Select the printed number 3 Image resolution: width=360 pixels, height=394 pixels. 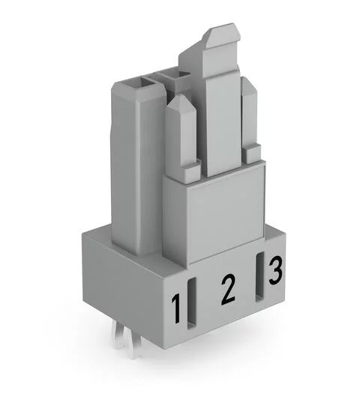[x=275, y=269]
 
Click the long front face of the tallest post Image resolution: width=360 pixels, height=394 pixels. [x=223, y=120]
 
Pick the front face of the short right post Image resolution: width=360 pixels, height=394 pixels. [x=250, y=120]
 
